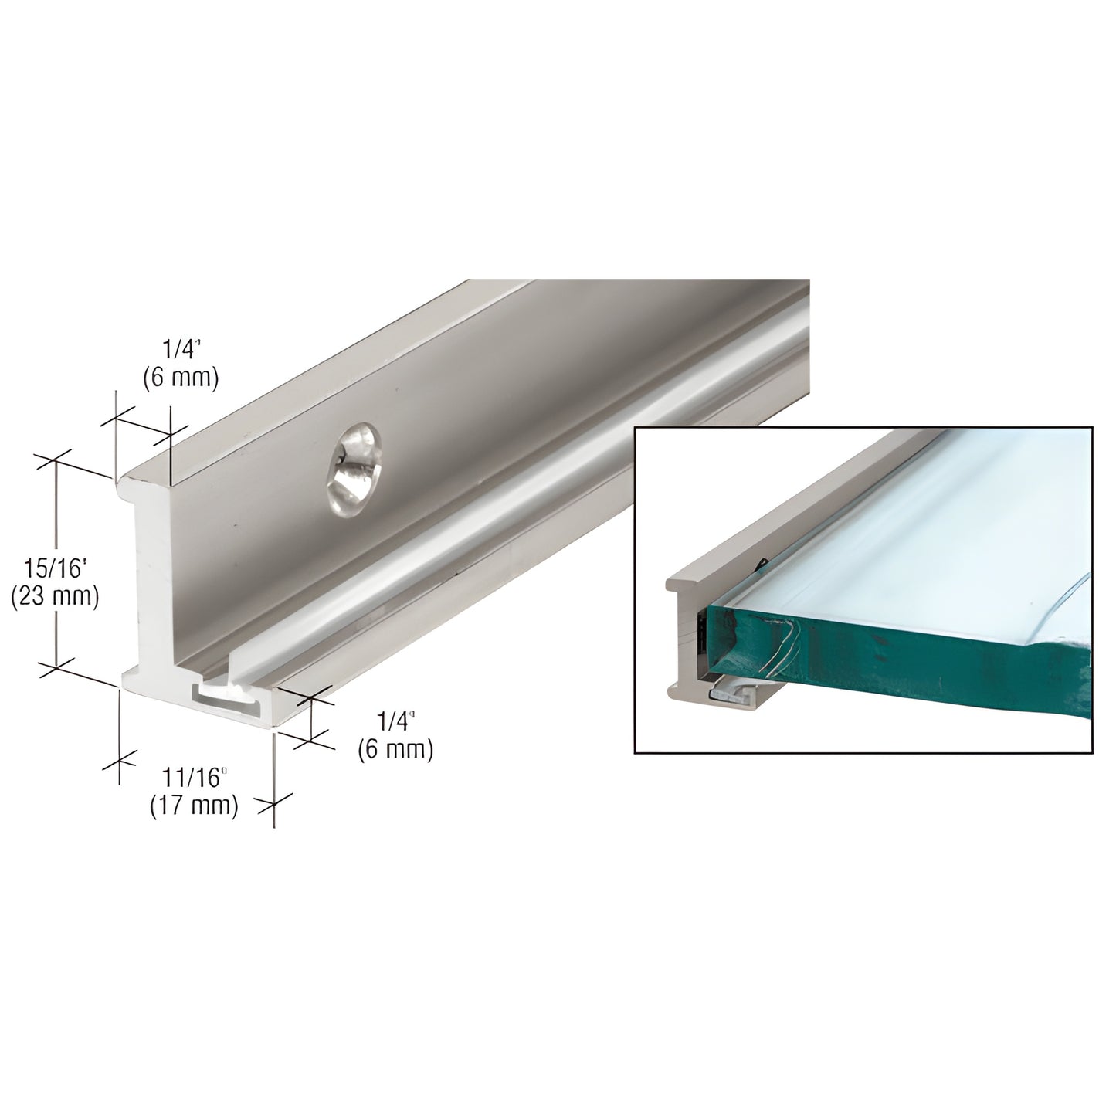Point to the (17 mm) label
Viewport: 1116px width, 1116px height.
click(x=193, y=806)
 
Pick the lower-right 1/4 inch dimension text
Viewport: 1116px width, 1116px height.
click(x=396, y=721)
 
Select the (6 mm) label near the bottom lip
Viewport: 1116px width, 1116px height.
click(x=395, y=748)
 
